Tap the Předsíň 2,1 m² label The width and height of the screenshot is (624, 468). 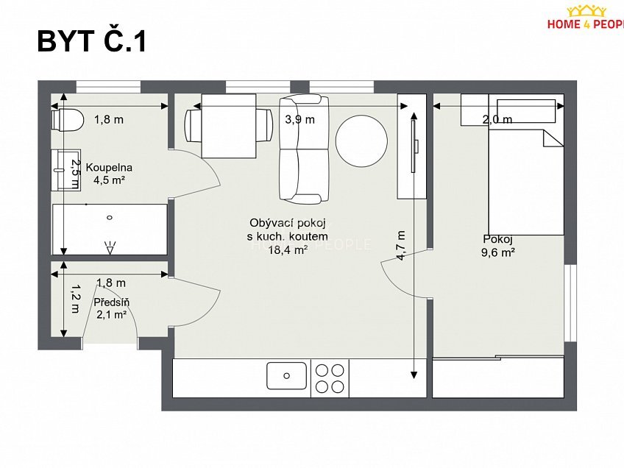click(x=110, y=308)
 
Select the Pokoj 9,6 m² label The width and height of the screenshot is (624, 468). click(x=498, y=245)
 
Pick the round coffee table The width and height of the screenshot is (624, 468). click(x=361, y=142)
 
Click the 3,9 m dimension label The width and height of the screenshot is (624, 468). click(x=299, y=119)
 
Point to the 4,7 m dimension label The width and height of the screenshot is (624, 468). click(x=402, y=246)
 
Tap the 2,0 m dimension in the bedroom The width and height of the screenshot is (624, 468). click(x=497, y=119)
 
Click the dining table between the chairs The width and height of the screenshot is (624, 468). click(x=229, y=125)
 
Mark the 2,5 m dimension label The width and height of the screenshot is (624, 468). click(x=74, y=170)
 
